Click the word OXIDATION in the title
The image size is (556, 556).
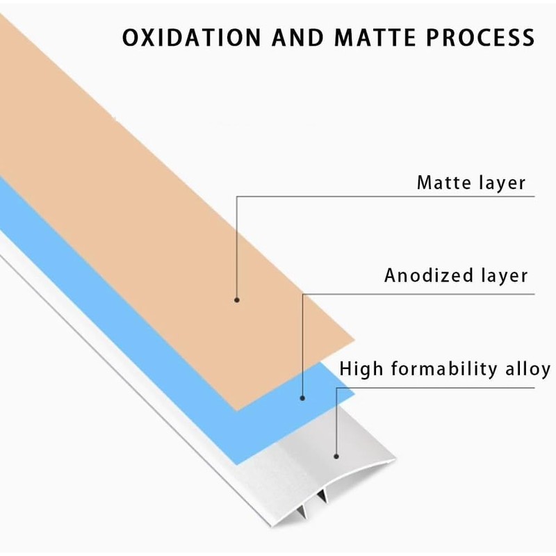tap(192, 38)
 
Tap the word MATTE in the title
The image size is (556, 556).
tap(375, 38)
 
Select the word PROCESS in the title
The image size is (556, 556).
tap(480, 38)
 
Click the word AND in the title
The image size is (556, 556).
tap(298, 38)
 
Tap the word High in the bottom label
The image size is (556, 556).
tap(361, 369)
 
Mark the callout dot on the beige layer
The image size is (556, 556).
tap(237, 300)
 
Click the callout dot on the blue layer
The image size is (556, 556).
tap(302, 398)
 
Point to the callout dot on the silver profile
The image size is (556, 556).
tap(336, 457)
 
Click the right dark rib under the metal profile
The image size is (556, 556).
tap(322, 496)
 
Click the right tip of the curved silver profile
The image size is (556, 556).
tap(395, 460)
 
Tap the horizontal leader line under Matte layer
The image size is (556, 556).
tap(386, 197)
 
